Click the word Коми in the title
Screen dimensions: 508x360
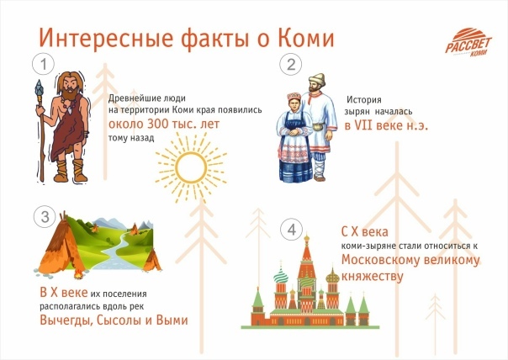(x=305, y=38)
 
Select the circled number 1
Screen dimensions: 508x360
(x=44, y=65)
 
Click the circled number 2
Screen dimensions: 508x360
(x=291, y=65)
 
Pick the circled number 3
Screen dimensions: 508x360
(x=45, y=217)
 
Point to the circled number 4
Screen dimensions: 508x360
(x=291, y=230)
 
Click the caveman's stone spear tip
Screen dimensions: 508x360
(x=40, y=87)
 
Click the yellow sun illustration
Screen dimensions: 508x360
(x=191, y=167)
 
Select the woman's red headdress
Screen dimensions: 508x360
(x=294, y=96)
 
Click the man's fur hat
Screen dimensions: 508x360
(x=316, y=78)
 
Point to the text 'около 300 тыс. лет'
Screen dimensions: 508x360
(x=164, y=124)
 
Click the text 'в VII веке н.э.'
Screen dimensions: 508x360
(x=386, y=125)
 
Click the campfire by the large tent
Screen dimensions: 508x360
(x=78, y=275)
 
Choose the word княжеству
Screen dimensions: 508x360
(x=373, y=277)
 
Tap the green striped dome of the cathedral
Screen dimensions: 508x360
(x=281, y=276)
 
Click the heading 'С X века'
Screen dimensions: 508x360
(x=364, y=232)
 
